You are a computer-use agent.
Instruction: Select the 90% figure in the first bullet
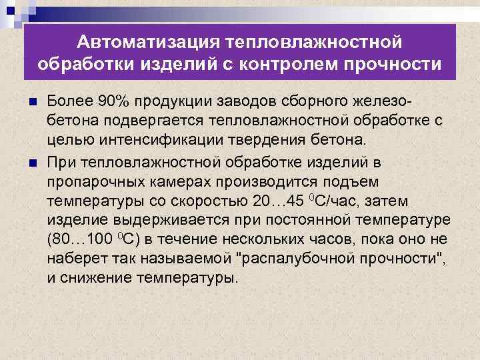coord(110,101)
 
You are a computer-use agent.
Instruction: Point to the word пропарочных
coord(93,181)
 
